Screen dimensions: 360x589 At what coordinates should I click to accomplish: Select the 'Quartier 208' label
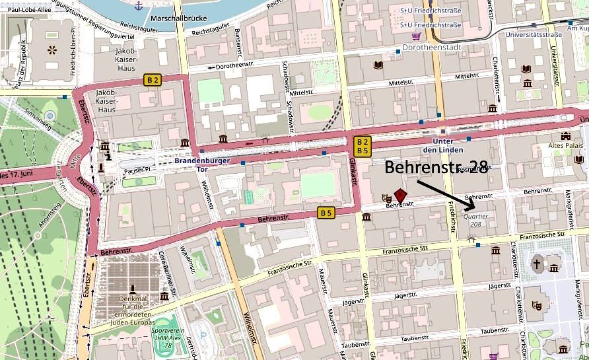click(x=476, y=219)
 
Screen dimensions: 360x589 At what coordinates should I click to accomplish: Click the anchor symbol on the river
click(x=138, y=6)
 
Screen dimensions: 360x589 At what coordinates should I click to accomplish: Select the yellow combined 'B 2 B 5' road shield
click(x=362, y=146)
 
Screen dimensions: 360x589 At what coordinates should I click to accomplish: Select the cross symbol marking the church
click(x=537, y=263)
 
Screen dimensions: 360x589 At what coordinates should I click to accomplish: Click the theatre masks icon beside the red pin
click(x=386, y=197)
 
